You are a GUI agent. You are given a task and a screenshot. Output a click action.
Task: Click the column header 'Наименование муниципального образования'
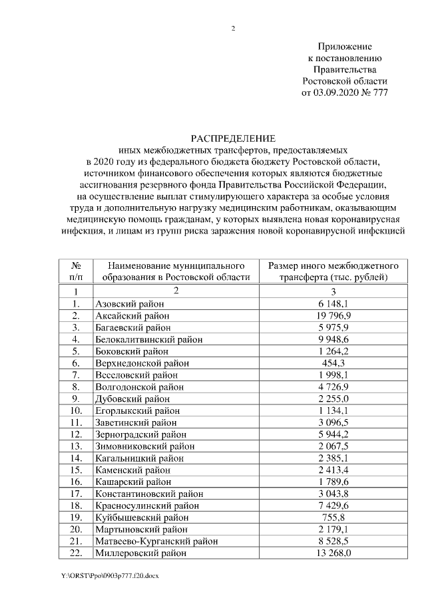click(176, 271)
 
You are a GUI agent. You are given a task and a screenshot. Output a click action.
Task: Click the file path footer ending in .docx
click(110, 575)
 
